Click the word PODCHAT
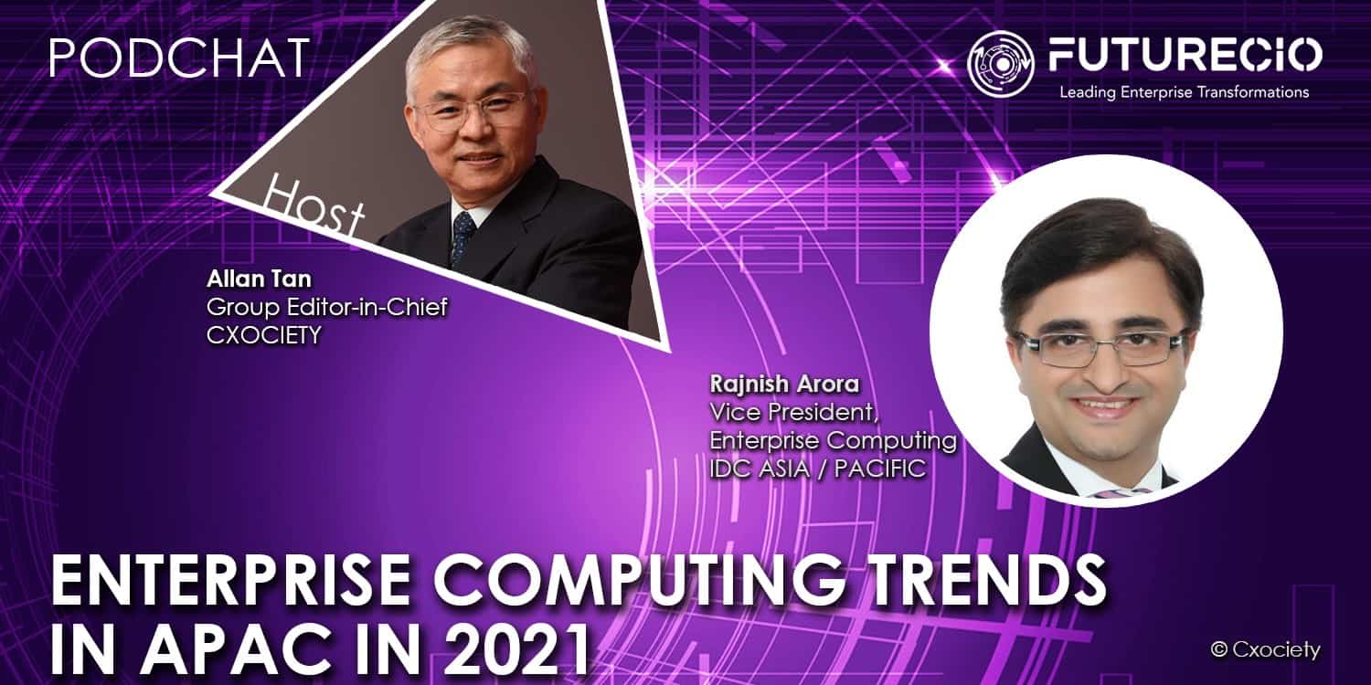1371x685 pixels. (x=179, y=58)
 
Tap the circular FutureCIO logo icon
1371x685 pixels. (x=1000, y=63)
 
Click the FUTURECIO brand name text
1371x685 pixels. (x=1185, y=55)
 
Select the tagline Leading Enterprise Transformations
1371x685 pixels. (x=1185, y=92)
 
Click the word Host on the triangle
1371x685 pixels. (x=314, y=205)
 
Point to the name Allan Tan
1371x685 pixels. (x=259, y=279)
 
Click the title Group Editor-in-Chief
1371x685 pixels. (x=327, y=307)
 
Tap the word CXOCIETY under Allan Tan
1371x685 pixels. (x=264, y=335)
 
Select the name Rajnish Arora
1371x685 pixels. (x=784, y=385)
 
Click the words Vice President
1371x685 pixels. (x=794, y=413)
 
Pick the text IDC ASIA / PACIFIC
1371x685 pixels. (x=818, y=469)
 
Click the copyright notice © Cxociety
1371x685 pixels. (x=1266, y=649)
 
